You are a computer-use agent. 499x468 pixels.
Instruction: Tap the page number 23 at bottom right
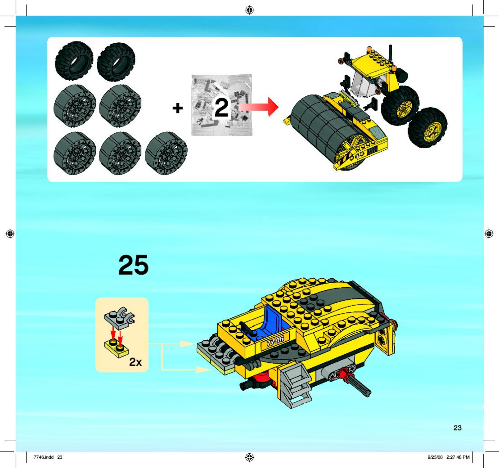click(457, 428)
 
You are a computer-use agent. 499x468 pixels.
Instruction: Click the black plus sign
click(177, 108)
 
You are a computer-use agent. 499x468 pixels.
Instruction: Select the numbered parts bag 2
click(221, 105)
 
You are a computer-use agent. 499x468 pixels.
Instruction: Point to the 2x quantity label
click(135, 362)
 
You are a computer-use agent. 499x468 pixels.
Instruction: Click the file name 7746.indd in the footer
click(43, 457)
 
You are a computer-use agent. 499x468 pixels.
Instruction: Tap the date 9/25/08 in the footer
click(435, 457)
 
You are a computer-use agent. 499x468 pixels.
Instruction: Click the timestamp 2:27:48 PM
click(458, 457)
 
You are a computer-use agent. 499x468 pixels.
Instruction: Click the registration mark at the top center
click(249, 10)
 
